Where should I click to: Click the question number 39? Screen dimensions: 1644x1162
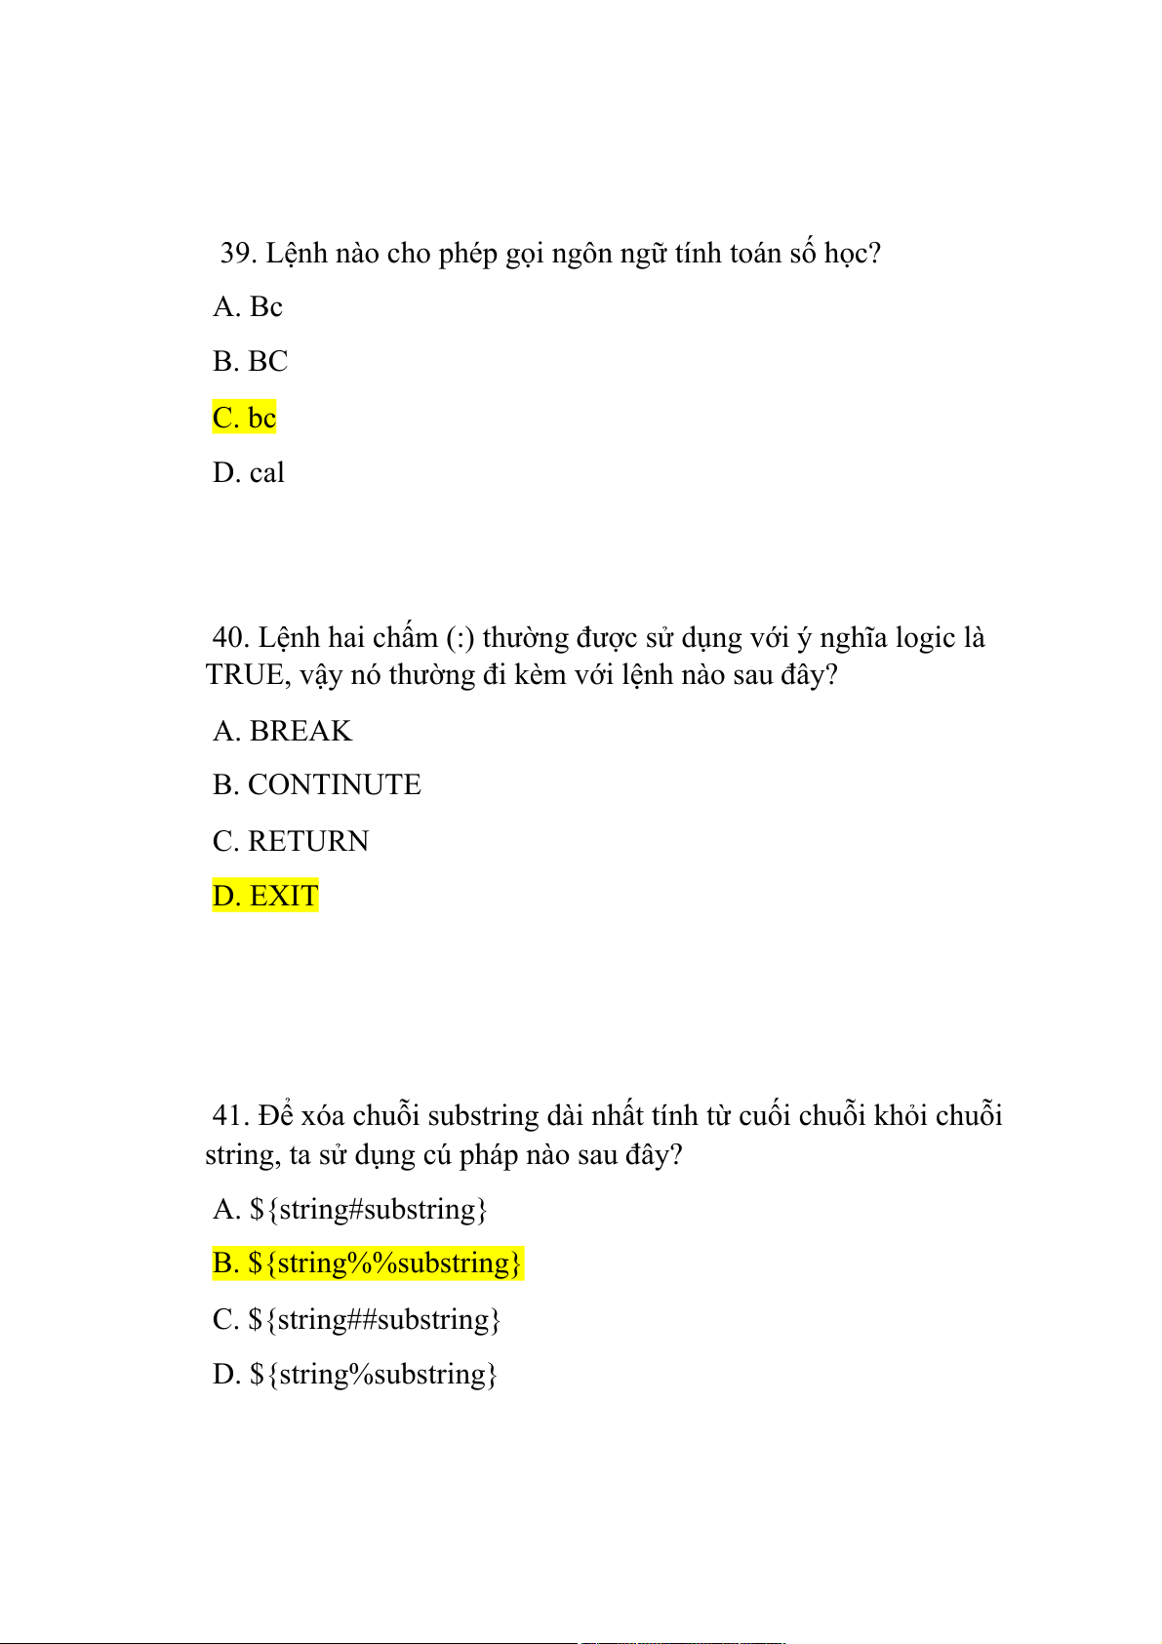[237, 254]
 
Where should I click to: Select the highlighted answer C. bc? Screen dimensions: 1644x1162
[245, 418]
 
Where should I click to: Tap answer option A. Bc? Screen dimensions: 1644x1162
[248, 307]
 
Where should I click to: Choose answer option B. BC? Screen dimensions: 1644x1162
[251, 362]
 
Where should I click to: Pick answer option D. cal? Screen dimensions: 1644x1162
[249, 473]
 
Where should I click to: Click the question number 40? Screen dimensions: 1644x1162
[231, 638]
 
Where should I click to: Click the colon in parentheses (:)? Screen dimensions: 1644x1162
[461, 639]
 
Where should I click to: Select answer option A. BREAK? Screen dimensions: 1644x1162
[282, 731]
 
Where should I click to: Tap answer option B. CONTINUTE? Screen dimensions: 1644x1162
[317, 785]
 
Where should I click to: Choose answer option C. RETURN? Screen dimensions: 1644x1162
[291, 841]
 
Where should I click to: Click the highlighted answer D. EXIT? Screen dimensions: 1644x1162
[265, 896]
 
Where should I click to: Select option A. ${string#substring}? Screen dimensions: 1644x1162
[350, 1210]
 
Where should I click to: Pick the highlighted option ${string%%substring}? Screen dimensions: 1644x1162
[368, 1263]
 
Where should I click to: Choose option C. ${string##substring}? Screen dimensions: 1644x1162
[356, 1320]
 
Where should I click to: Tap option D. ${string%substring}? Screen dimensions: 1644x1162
[355, 1375]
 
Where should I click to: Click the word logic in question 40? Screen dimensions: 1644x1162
[925, 638]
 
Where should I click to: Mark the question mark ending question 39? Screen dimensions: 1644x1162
[874, 254]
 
